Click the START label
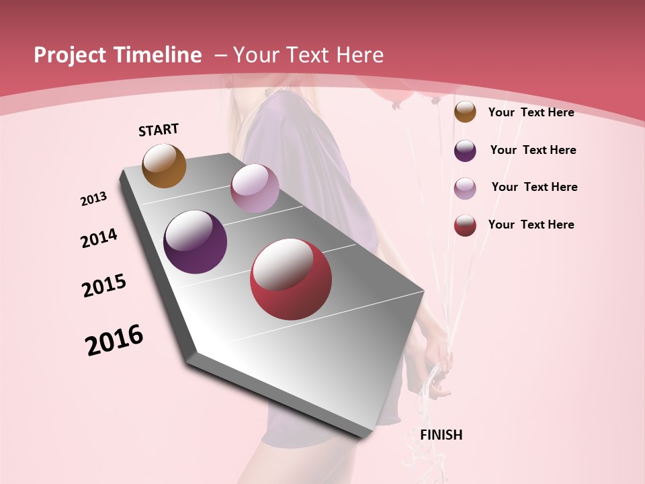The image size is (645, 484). pos(159,130)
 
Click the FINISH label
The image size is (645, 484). pos(441,435)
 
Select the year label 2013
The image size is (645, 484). pos(94,199)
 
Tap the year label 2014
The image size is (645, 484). pos(99,238)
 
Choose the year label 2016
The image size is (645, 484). pos(114,339)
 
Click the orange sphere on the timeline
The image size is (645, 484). pos(164,165)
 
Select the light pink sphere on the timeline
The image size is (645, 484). pos(255,188)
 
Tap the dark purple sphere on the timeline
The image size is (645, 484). pos(196,242)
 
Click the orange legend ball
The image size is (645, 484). pos(465,112)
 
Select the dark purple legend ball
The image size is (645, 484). pos(465,151)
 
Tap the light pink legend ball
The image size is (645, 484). pos(465,188)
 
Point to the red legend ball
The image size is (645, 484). pos(465,225)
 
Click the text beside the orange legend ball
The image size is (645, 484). pos(531,113)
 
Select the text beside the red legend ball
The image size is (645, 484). pos(531,225)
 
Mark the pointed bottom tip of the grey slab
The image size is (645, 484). pos(363,437)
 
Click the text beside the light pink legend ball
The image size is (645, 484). pos(534,187)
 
